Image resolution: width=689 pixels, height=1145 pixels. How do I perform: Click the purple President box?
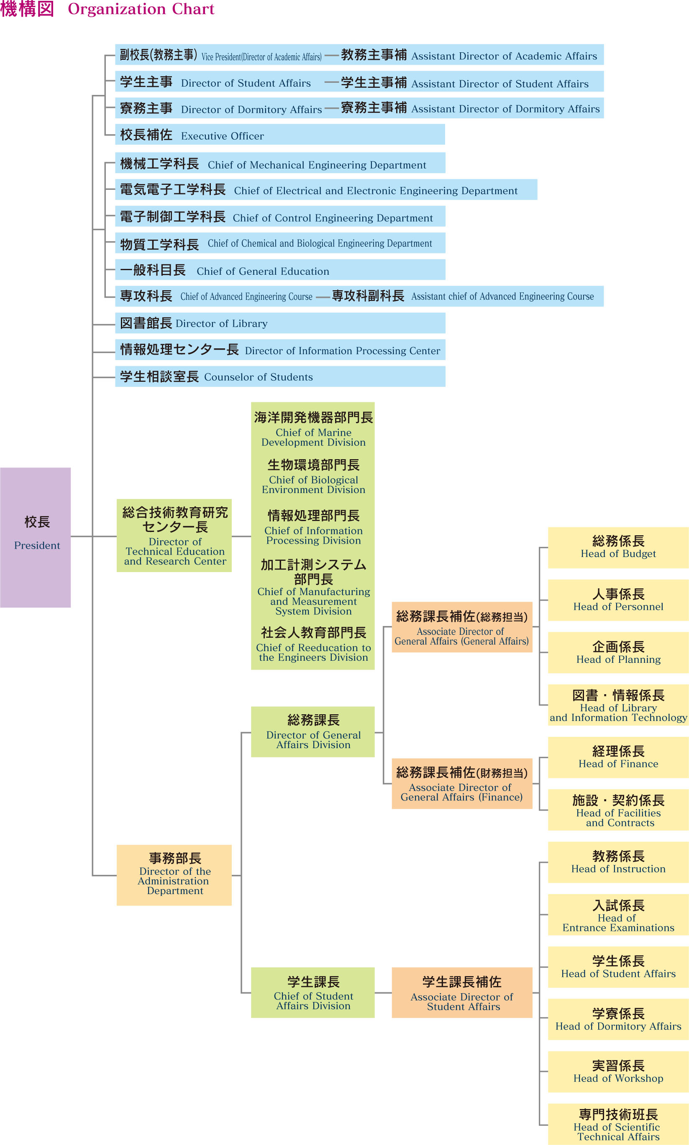(35, 537)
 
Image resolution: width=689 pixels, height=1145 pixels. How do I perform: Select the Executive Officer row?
(280, 134)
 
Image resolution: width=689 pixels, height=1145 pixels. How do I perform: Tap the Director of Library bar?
(280, 323)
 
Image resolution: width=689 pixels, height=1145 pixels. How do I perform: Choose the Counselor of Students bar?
(280, 376)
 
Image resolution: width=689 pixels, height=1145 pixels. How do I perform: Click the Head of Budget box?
(618, 548)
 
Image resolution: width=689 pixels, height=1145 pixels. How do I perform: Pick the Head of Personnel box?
(618, 600)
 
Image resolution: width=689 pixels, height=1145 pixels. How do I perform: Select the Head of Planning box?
(618, 652)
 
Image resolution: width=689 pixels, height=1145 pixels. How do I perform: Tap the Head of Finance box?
(618, 757)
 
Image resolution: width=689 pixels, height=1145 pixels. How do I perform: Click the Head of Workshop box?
(618, 1072)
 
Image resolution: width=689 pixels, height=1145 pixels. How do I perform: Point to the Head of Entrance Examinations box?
(618, 914)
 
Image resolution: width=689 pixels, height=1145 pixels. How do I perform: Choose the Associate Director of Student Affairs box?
(462, 992)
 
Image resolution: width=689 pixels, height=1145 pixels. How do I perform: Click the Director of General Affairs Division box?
(313, 732)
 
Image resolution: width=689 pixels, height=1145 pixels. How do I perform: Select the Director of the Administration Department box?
(174, 875)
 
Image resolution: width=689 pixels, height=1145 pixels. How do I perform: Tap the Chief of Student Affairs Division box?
(313, 992)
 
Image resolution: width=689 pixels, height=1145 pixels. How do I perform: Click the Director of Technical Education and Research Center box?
(174, 536)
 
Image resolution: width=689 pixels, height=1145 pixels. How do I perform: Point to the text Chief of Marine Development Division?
(313, 437)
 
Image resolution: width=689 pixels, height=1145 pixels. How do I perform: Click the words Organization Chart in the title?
(141, 9)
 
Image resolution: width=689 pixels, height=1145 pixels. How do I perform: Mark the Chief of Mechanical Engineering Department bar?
(280, 163)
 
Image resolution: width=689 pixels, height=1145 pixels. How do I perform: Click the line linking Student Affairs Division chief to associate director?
(383, 993)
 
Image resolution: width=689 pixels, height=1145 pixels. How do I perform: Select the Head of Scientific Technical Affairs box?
(618, 1124)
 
